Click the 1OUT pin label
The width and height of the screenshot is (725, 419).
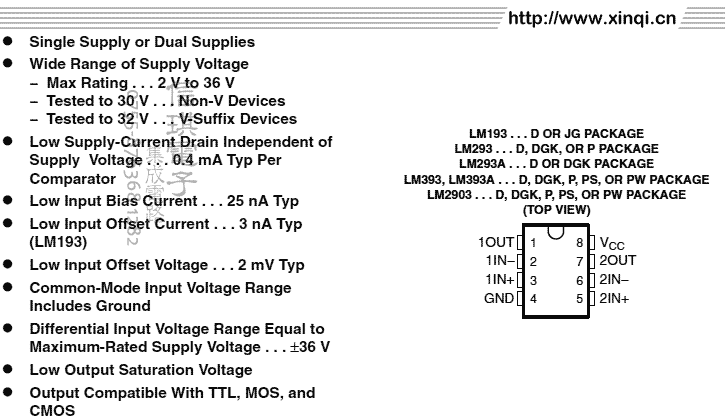(496, 242)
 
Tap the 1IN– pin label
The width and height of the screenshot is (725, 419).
(499, 261)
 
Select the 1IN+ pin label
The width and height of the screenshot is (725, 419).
(499, 280)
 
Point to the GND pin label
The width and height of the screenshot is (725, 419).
(499, 298)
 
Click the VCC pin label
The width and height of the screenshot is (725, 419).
(612, 243)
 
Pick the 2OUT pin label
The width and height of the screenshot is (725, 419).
(617, 261)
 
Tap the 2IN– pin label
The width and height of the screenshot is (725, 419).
(614, 280)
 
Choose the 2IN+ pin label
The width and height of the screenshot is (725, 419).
(614, 298)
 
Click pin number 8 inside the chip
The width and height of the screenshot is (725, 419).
(579, 243)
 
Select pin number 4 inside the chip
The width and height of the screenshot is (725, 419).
(534, 299)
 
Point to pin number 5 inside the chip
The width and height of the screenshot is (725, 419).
(579, 299)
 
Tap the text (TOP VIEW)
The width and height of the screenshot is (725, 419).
(556, 210)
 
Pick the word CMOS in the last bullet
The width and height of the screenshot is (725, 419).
(52, 410)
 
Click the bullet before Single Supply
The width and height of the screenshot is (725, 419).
(9, 42)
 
